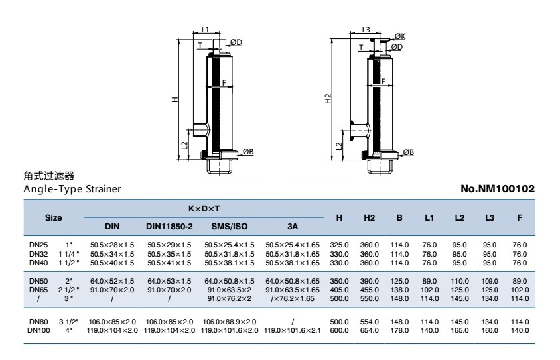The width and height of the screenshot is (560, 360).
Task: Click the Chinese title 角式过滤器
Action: pos(48,176)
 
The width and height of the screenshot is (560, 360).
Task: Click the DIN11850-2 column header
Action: pos(169,226)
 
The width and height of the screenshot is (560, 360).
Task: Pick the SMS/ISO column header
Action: pos(232,226)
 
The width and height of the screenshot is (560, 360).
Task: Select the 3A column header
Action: pos(292,226)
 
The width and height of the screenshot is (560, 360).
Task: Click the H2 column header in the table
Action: pos(370,217)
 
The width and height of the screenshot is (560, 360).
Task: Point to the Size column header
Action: pos(54,217)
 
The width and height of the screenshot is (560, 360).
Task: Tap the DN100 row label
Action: pos(40,330)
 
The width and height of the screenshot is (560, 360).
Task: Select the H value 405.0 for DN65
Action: pos(340,290)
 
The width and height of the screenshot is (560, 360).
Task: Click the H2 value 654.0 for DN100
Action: pos(370,330)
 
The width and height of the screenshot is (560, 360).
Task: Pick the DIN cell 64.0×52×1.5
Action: pos(112,282)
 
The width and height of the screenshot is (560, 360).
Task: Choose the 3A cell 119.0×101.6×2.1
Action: pos(293,330)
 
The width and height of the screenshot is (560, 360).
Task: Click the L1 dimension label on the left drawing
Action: pos(205,30)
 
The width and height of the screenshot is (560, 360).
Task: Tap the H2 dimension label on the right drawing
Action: pos(327,99)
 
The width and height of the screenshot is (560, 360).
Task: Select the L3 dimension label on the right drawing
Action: pos(366,30)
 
